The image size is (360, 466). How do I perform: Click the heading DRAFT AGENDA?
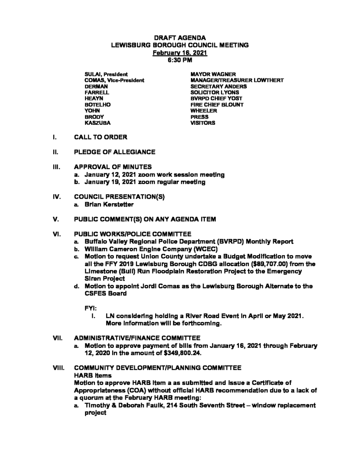[180, 38]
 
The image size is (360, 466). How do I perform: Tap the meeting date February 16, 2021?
[180, 52]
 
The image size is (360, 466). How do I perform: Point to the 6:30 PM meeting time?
[180, 59]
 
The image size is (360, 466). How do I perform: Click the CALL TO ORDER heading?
[101, 137]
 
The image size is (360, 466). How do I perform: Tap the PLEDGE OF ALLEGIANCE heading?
[115, 152]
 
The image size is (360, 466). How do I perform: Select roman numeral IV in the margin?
[57, 197]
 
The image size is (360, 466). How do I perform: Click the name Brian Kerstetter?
[109, 205]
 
